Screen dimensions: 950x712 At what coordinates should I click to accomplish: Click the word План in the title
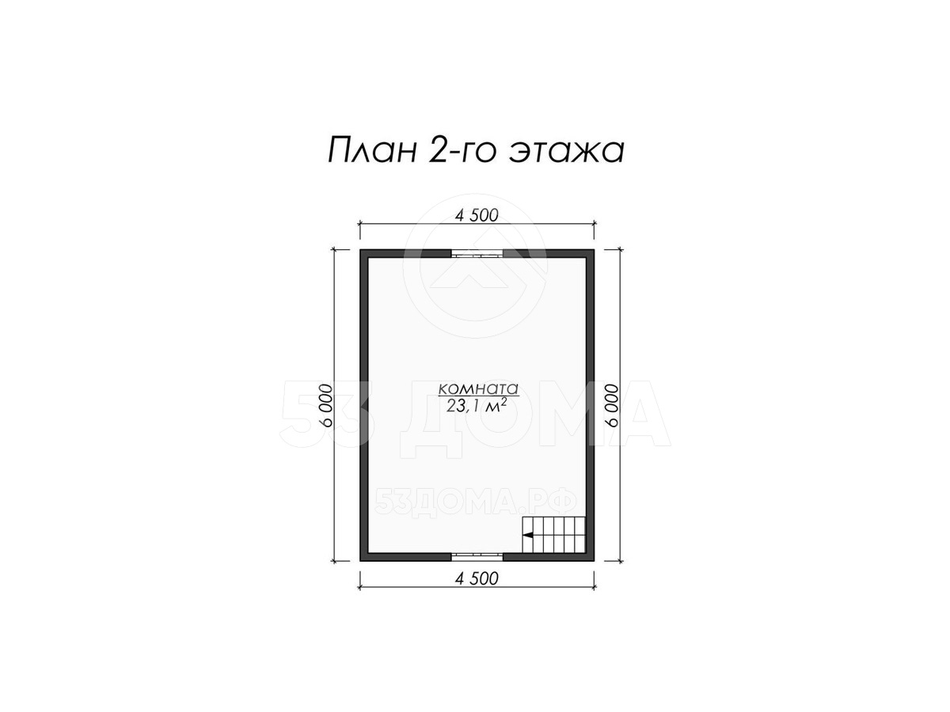371,151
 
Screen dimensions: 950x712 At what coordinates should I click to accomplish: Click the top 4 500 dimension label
477,215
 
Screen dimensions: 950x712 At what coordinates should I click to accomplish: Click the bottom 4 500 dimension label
477,578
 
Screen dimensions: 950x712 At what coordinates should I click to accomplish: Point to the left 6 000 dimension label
327,405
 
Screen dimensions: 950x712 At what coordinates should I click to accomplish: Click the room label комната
478,388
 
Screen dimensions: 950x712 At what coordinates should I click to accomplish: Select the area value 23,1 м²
476,406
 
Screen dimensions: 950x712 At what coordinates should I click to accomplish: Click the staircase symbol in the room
554,534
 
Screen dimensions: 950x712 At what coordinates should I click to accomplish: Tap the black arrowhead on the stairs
527,536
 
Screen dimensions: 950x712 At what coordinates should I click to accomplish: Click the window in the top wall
477,254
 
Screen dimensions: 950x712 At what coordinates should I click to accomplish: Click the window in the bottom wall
477,556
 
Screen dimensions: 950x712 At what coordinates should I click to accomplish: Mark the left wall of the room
364,405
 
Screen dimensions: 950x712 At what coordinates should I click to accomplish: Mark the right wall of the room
590,405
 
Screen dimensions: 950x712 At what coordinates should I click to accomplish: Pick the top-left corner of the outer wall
360,250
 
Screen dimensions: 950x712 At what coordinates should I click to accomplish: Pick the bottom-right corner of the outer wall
594,560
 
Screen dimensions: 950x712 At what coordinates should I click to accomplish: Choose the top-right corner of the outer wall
594,250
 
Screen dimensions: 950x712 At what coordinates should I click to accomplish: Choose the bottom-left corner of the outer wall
360,560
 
